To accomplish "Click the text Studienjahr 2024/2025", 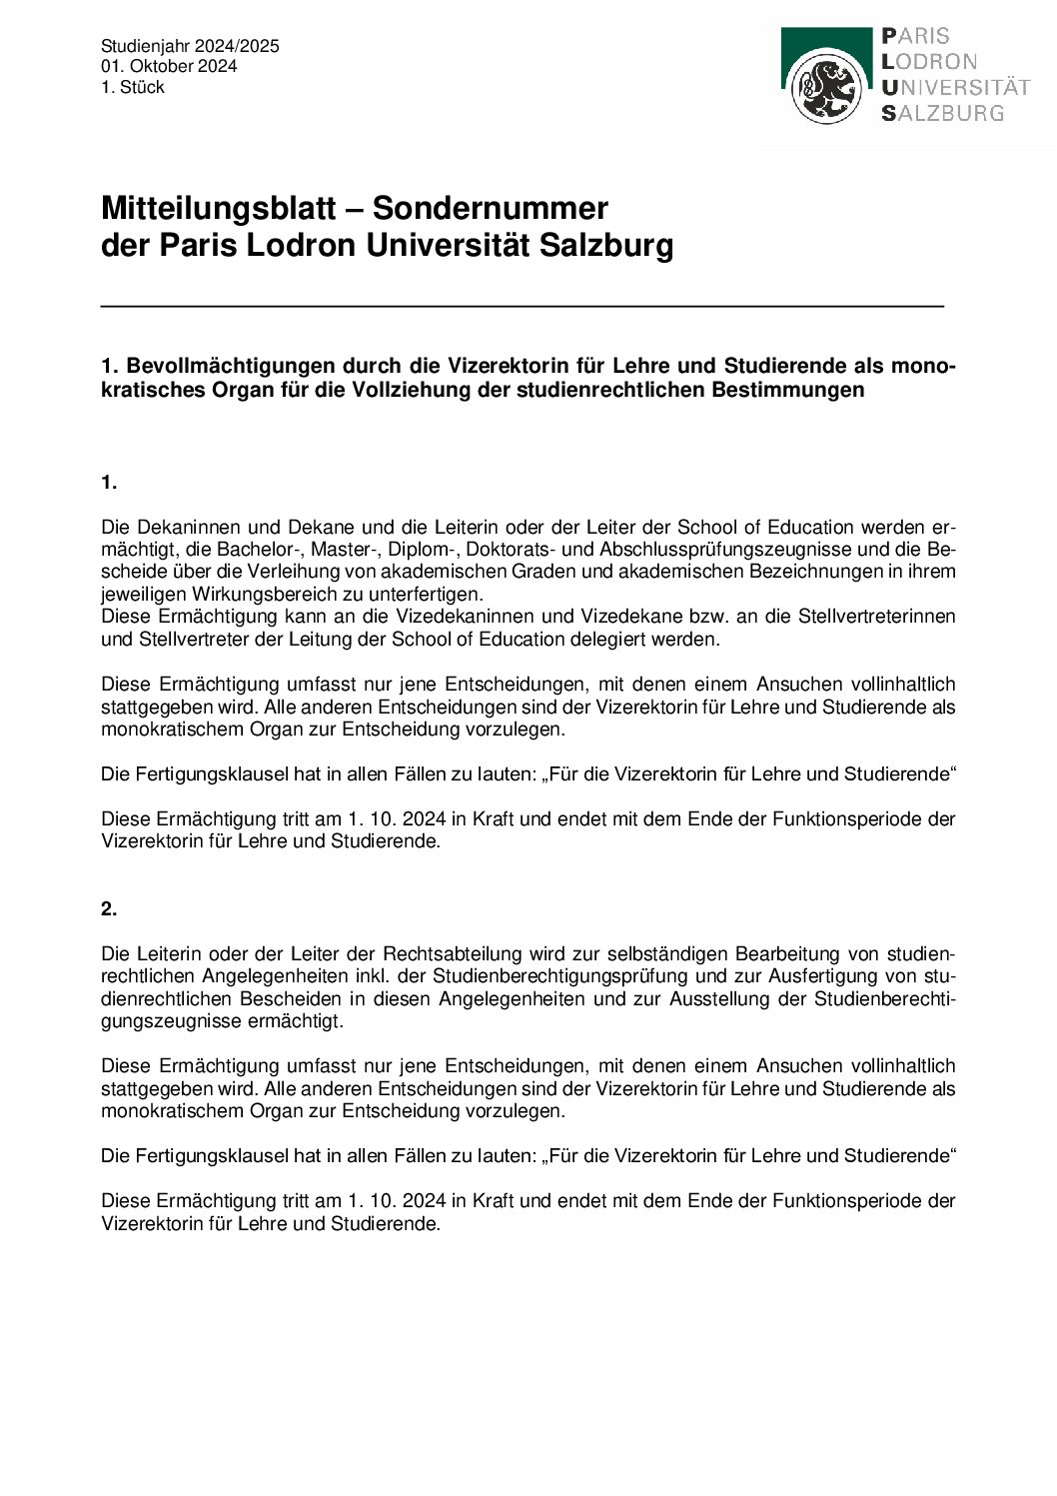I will [190, 46].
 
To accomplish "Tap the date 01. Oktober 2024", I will [169, 66].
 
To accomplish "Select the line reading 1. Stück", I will [132, 87].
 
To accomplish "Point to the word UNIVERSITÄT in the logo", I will [955, 87].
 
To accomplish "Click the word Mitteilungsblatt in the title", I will [218, 208].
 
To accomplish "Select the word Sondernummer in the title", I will [490, 208].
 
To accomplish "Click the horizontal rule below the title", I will [522, 306].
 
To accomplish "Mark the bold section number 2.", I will [109, 908].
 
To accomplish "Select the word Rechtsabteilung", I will [453, 953].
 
